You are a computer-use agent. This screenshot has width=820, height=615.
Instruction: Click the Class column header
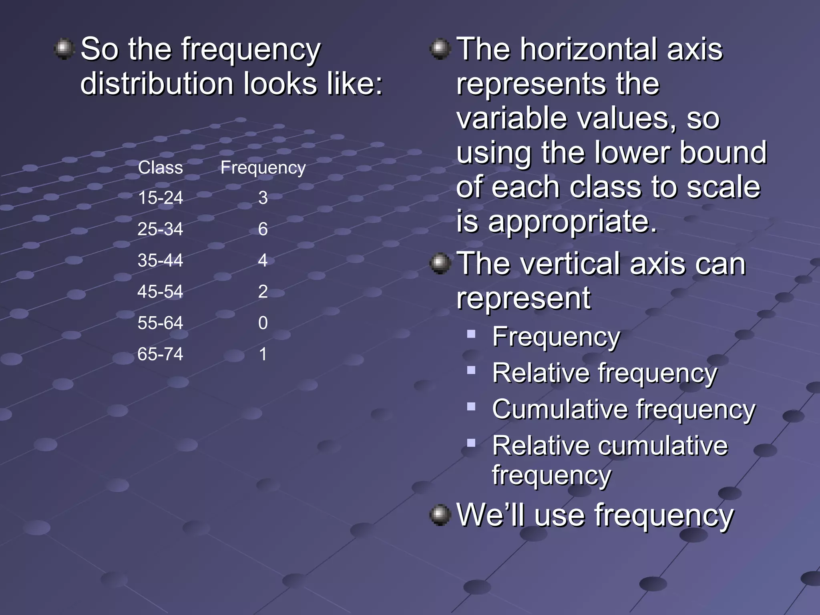point(160,167)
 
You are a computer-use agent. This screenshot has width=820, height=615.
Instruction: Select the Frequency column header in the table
point(263,167)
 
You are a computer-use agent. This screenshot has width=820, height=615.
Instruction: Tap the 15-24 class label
point(160,198)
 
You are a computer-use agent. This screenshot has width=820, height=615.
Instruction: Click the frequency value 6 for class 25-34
point(263,229)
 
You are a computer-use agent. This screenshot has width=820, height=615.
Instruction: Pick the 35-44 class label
point(160,260)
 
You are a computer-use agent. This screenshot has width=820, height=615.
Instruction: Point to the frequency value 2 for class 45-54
point(263,291)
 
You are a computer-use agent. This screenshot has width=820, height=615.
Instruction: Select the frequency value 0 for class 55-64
point(263,323)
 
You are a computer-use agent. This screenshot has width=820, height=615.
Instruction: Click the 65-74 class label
point(160,354)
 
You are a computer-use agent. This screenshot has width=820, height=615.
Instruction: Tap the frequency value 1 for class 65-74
point(263,354)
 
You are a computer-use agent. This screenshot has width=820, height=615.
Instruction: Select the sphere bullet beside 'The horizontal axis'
point(440,49)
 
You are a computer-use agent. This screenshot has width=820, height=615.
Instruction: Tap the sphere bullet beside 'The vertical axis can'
point(440,263)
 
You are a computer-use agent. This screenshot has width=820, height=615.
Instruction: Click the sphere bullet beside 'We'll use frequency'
point(440,515)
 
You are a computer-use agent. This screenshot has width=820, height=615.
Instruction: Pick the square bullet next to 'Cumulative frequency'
point(471,407)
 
